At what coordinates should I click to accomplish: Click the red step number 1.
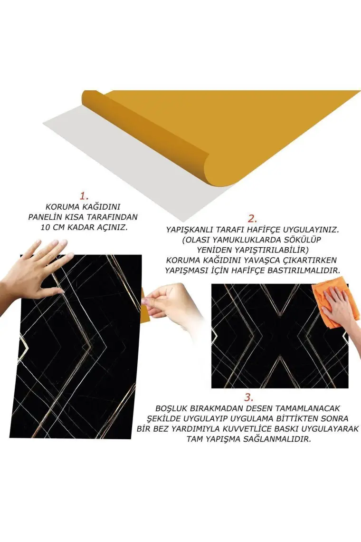84,196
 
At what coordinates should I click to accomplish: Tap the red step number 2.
253,218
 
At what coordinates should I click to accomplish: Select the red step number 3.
249,397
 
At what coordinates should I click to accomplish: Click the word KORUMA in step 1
61,207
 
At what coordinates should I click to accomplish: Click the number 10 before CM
46,228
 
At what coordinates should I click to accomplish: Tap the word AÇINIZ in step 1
112,228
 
